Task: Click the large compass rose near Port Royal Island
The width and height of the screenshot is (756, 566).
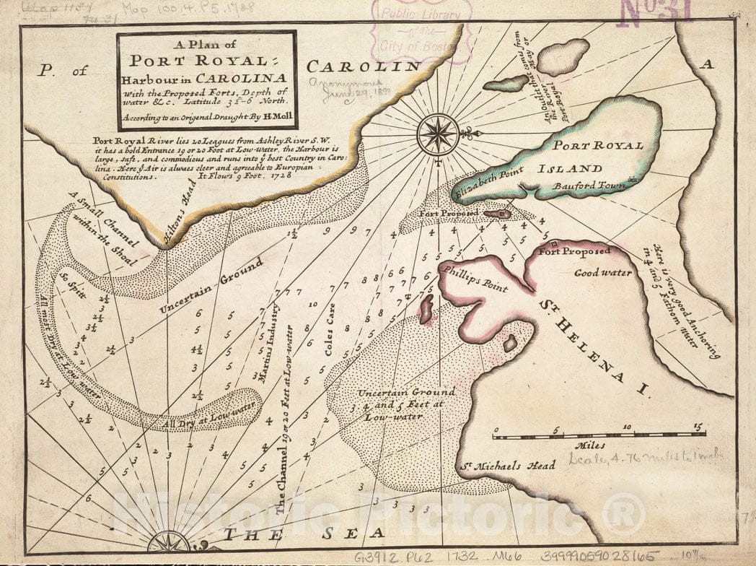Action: pyautogui.click(x=439, y=134)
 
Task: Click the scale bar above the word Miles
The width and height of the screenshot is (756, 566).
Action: pyautogui.click(x=599, y=435)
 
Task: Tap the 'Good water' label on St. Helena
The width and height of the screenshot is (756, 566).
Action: pyautogui.click(x=603, y=273)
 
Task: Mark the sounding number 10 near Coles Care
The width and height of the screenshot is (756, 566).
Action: pyautogui.click(x=312, y=304)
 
